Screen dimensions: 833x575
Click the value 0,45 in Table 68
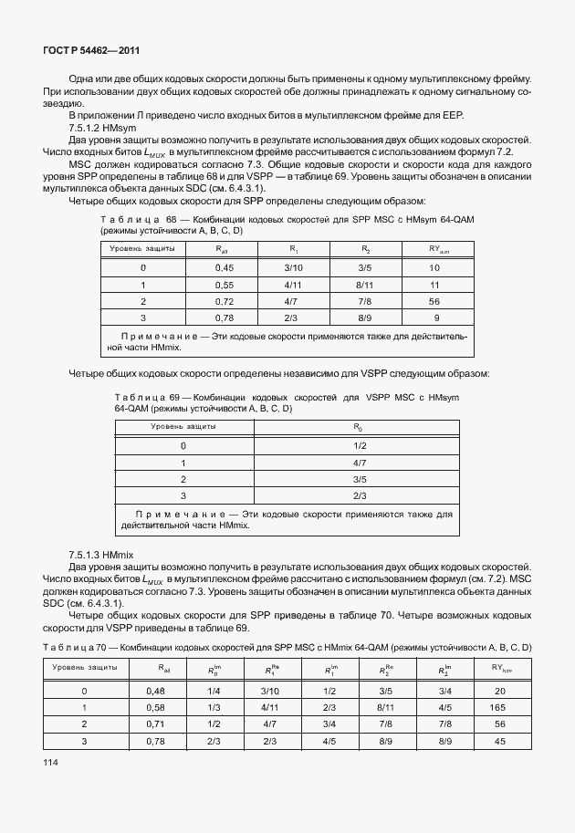tap(224, 267)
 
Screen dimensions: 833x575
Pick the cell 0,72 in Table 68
tap(224, 300)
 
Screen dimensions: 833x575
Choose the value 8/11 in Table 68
tap(364, 284)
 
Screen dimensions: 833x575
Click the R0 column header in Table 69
tap(359, 426)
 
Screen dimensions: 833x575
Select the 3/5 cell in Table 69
tap(359, 478)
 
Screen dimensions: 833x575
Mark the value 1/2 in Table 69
tap(359, 444)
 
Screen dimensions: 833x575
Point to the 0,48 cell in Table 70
tap(154, 691)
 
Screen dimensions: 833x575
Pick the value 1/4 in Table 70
tap(211, 691)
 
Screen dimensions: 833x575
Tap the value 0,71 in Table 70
tap(154, 724)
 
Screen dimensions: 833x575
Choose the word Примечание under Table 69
tap(169, 514)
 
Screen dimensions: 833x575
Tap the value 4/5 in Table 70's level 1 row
tap(444, 707)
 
